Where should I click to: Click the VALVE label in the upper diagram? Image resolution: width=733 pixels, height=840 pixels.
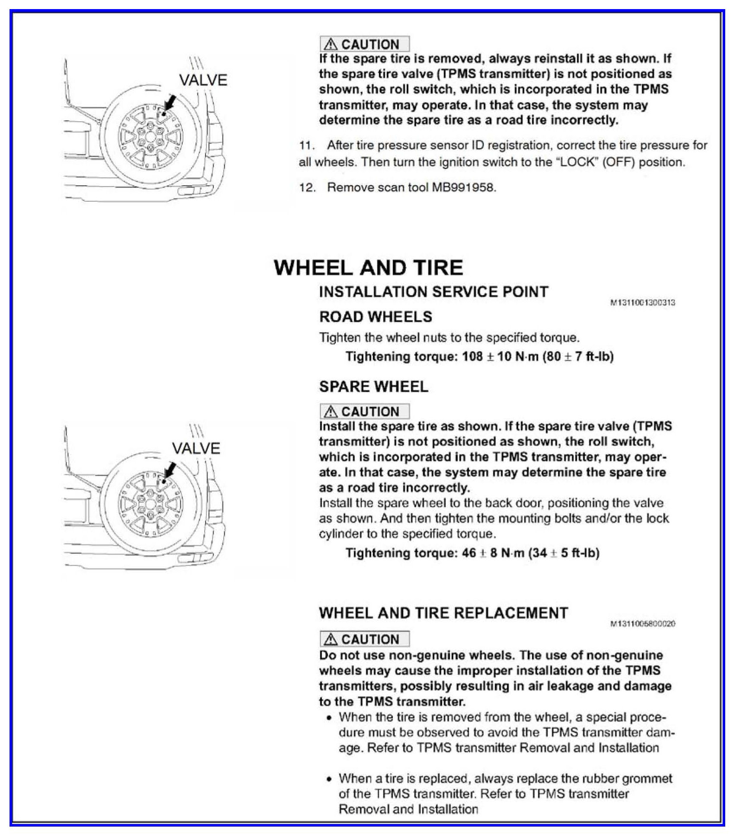tap(203, 80)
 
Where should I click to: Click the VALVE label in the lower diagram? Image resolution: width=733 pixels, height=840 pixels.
tap(196, 448)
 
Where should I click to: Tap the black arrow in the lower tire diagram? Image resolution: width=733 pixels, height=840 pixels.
tap(170, 470)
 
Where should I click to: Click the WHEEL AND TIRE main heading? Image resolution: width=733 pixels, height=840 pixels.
tap(368, 268)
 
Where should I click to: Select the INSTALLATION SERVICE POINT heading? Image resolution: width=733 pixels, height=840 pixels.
tap(434, 292)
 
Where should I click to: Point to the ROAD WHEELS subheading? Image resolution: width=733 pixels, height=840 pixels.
tap(376, 317)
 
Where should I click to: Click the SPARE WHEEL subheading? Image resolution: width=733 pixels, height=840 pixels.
tap(374, 386)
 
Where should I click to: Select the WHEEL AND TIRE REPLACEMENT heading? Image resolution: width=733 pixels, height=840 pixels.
tap(444, 613)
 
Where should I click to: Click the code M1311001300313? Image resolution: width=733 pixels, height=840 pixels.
tap(643, 303)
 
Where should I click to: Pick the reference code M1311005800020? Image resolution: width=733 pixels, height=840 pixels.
tap(643, 624)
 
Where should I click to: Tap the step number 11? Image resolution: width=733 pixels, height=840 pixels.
tap(306, 145)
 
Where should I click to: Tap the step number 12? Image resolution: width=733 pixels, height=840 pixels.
tap(306, 187)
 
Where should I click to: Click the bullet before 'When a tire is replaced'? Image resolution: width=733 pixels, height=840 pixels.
tap(330, 779)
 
